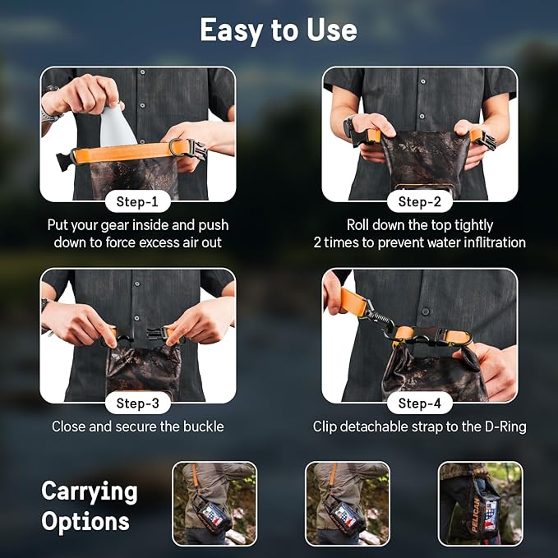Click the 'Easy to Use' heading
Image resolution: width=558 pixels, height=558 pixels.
click(279, 30)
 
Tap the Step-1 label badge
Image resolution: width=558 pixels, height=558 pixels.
click(138, 202)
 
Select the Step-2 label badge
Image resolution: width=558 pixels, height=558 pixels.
click(420, 202)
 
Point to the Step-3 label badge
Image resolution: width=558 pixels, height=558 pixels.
click(138, 403)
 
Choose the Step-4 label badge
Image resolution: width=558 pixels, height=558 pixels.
click(420, 403)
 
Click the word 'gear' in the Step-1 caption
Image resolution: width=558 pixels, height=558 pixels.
click(114, 226)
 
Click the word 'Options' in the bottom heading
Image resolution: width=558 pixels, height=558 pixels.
click(85, 521)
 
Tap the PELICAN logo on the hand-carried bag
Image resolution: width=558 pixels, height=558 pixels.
click(476, 514)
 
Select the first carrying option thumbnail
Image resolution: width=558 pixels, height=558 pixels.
click(214, 504)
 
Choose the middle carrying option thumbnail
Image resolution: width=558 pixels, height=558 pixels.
click(348, 504)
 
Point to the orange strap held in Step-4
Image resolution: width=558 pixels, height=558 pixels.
click(353, 302)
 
